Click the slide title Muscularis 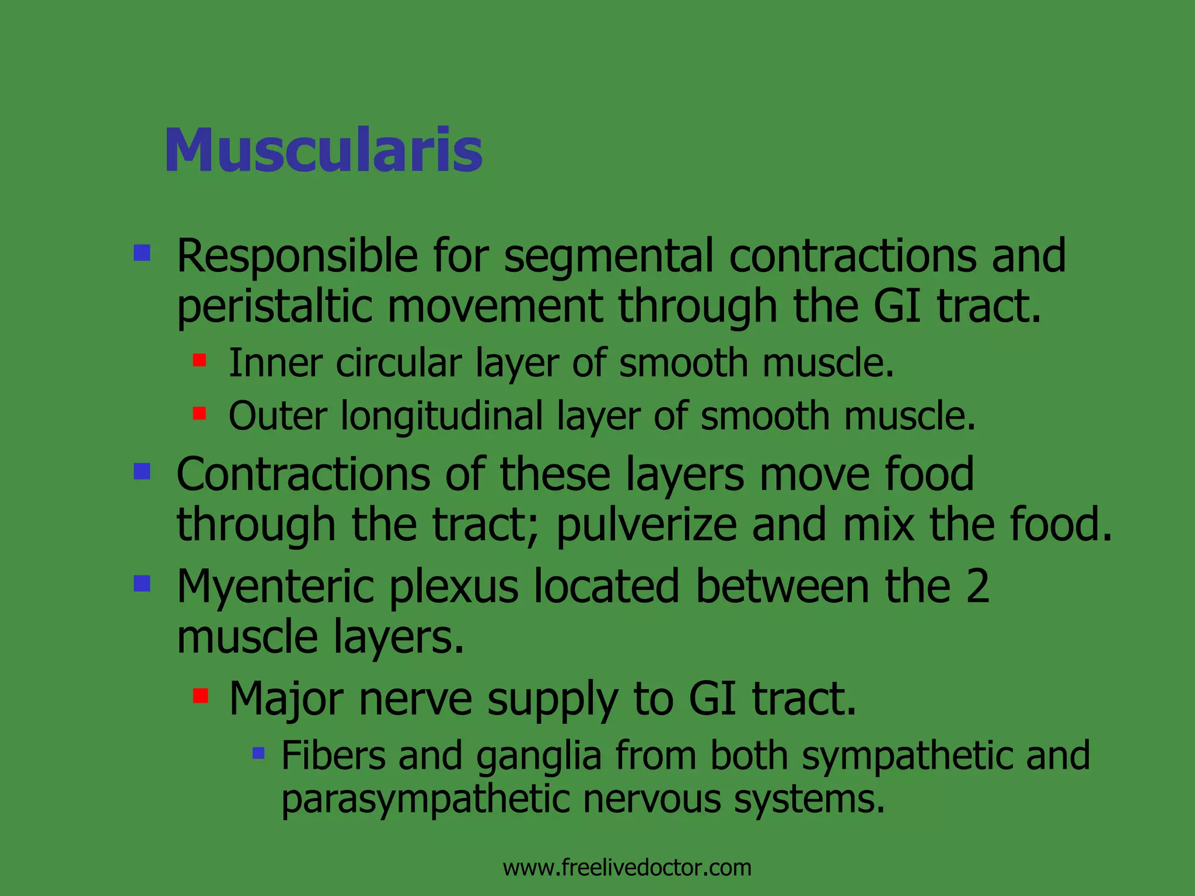click(323, 150)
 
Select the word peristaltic click(274, 307)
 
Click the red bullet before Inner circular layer click(200, 360)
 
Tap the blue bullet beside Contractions click(142, 471)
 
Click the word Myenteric click(275, 587)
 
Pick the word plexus click(454, 587)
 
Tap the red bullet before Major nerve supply click(201, 695)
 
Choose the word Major click(286, 699)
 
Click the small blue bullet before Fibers click(258, 753)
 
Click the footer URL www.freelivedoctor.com click(627, 867)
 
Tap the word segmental click(609, 256)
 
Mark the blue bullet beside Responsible click(142, 253)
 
